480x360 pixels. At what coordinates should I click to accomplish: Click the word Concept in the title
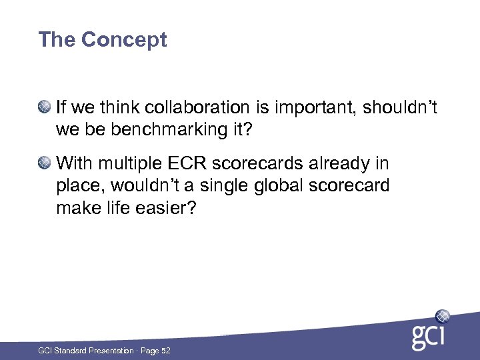[x=124, y=40]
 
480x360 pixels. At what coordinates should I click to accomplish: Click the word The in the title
[x=57, y=40]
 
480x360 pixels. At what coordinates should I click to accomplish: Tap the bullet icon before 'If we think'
[x=45, y=105]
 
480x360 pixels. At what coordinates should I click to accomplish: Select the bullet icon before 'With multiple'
[x=45, y=162]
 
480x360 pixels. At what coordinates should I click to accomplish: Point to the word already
[x=354, y=163]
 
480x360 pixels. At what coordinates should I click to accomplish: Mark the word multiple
[x=127, y=163]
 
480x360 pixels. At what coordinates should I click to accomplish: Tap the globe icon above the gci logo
[x=442, y=316]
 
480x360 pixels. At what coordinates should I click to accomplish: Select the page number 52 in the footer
[x=165, y=351]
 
